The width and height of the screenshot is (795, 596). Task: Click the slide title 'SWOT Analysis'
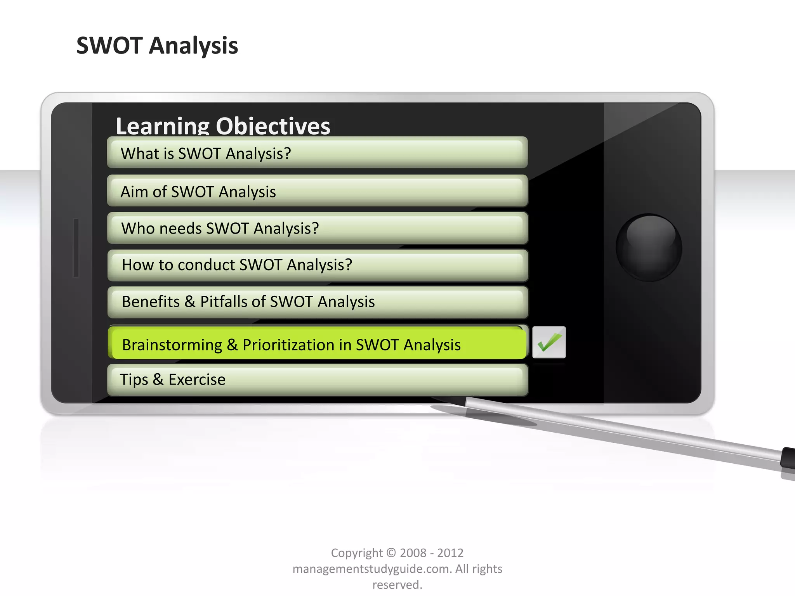[x=157, y=46]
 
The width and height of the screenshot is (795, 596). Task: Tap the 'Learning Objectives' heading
[x=223, y=126]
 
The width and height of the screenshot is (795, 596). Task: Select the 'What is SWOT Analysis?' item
[x=317, y=153]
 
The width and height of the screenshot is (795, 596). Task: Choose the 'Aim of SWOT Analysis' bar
[x=317, y=191]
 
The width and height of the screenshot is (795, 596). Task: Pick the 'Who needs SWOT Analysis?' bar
[x=317, y=228]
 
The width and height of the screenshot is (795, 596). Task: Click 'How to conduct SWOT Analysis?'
[x=317, y=265]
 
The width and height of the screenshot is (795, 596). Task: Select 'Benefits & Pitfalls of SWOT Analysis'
[x=317, y=302]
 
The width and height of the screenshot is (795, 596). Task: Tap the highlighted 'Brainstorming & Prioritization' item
[x=317, y=344]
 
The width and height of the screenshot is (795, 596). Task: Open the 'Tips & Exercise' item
[x=317, y=379]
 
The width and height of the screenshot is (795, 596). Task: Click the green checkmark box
[x=549, y=342]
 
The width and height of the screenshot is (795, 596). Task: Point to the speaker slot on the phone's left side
[x=76, y=248]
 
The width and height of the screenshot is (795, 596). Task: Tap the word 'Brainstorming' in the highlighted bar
[x=172, y=345]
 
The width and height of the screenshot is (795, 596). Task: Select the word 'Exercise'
[x=197, y=379]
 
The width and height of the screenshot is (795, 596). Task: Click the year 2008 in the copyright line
[x=413, y=553]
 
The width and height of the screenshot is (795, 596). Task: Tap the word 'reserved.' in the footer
[x=397, y=584]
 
